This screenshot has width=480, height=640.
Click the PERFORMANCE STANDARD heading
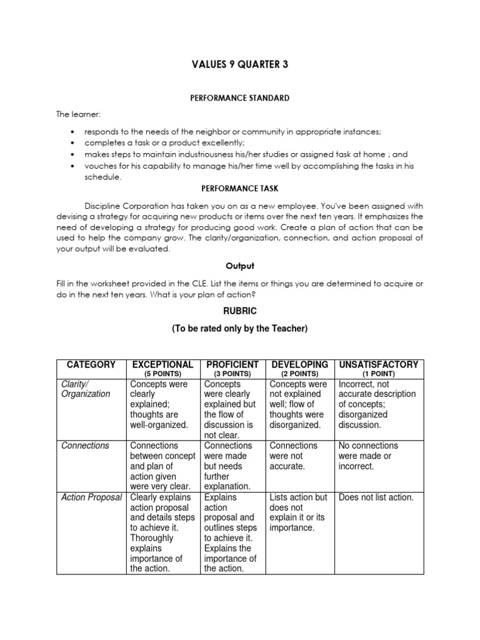coord(239,98)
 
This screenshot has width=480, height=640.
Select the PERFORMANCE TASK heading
coord(239,187)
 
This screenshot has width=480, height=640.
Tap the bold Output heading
coord(239,266)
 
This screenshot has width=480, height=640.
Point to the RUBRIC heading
coord(239,311)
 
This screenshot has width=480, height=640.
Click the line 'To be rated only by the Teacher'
coord(239,329)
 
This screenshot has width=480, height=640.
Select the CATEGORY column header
coord(91,364)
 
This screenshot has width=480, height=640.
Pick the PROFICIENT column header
coord(232,364)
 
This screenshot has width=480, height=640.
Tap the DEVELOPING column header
coord(299,364)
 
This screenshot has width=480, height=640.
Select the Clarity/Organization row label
coord(85,389)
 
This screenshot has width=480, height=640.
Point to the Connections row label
coord(85,446)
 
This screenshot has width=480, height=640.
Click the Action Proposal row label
coord(92,497)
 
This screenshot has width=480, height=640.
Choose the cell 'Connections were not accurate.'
coord(294,456)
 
